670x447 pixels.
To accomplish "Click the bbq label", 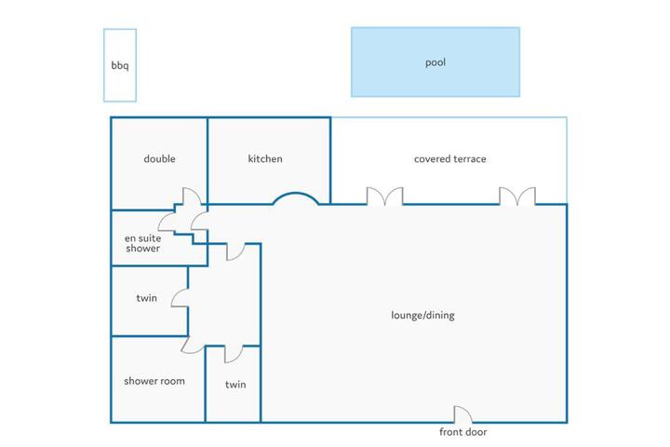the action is tap(120, 65).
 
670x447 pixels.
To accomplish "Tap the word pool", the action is tap(435, 62).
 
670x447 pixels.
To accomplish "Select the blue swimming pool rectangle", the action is tap(435, 62).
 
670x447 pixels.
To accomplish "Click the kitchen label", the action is tap(265, 158).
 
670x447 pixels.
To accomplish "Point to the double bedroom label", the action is tap(159, 158).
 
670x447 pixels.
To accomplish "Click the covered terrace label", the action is tap(450, 159).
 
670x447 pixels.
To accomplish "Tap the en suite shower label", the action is tap(142, 243).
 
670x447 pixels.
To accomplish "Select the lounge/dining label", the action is tap(422, 316).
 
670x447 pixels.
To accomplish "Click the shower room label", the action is tap(154, 381).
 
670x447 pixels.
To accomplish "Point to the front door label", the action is tap(463, 432).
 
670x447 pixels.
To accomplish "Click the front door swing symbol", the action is tap(462, 414).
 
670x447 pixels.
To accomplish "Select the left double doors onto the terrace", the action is tap(384, 196).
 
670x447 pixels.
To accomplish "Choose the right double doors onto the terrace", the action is tap(517, 196).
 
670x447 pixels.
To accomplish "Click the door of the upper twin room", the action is tap(180, 298).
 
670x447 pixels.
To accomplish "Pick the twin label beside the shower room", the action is tap(235, 385).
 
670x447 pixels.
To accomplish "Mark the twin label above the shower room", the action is tap(147, 298).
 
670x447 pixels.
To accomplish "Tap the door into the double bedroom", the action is tap(192, 196).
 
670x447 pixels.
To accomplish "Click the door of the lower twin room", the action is tap(234, 354).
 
